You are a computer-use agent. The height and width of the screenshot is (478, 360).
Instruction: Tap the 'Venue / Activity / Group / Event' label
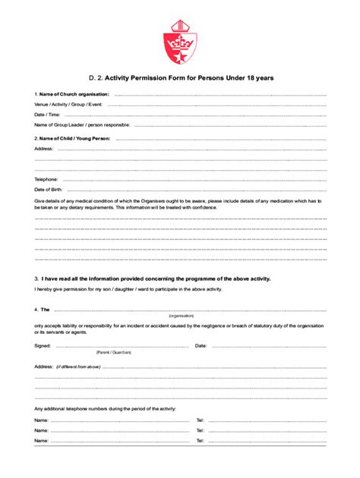tap(69, 104)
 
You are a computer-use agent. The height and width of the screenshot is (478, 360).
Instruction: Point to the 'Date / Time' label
tap(47, 115)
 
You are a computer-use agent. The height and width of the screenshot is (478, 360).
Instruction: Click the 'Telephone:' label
tap(47, 179)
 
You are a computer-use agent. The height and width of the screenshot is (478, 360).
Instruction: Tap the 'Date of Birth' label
tap(48, 189)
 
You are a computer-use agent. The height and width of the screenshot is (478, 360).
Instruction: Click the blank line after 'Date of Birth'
tap(197, 190)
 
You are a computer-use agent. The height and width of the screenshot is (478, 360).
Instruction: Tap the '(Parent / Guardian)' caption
tap(114, 353)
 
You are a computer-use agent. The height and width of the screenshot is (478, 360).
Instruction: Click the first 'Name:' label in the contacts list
tap(41, 420)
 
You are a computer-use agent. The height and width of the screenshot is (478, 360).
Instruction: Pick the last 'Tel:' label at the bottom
tap(201, 440)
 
